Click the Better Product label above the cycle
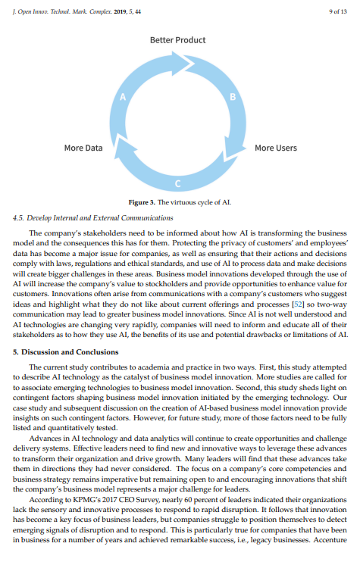[x=177, y=39]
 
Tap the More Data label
[x=83, y=148]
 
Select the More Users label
[x=275, y=148]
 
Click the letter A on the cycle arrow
[x=121, y=96]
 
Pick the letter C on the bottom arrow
[x=177, y=184]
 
